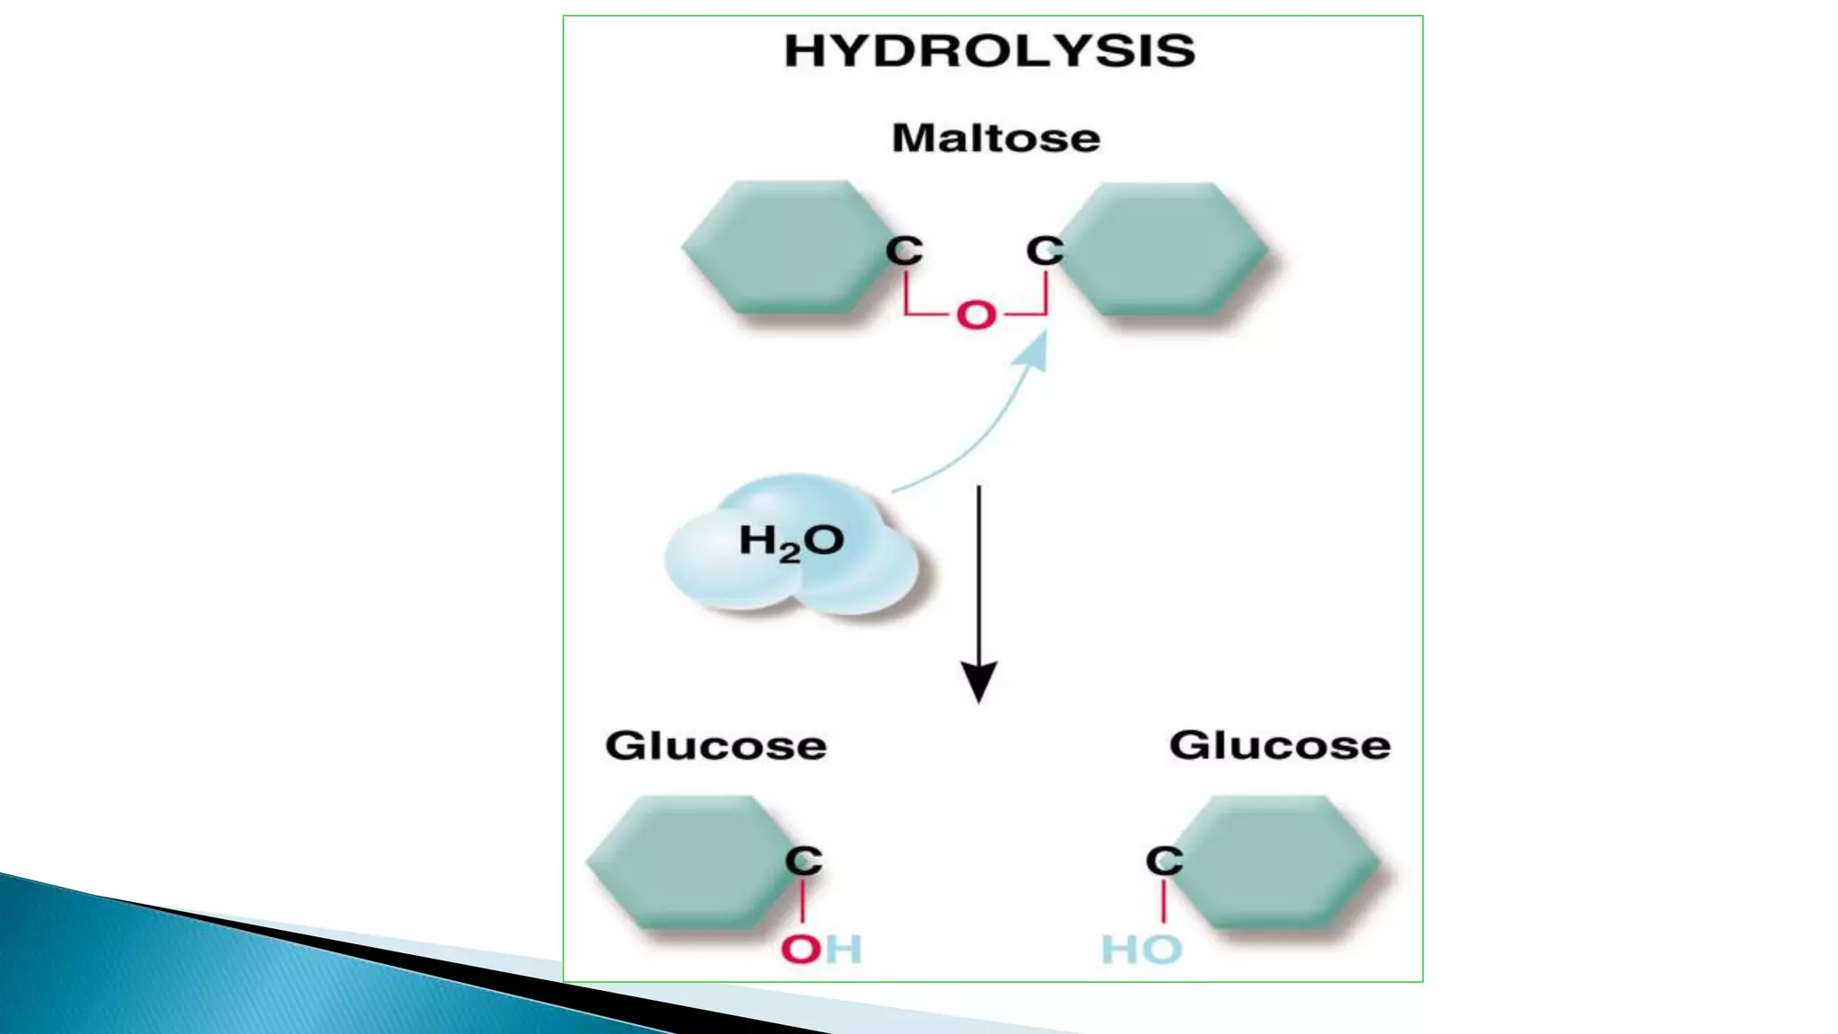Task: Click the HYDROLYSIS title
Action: click(x=989, y=51)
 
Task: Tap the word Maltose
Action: click(x=995, y=138)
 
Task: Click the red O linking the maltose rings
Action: click(x=976, y=315)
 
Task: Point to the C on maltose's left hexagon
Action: click(x=904, y=250)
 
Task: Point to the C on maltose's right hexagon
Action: click(x=1045, y=250)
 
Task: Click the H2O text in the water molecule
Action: click(x=791, y=542)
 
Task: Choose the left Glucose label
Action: click(x=715, y=746)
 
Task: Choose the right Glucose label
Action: click(x=1279, y=746)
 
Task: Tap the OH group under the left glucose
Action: click(x=820, y=950)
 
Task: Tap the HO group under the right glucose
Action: click(x=1142, y=950)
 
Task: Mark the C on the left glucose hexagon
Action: click(x=803, y=861)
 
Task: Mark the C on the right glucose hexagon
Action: click(x=1164, y=861)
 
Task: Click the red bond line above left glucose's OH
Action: click(x=802, y=901)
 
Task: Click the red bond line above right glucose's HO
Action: click(x=1164, y=901)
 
